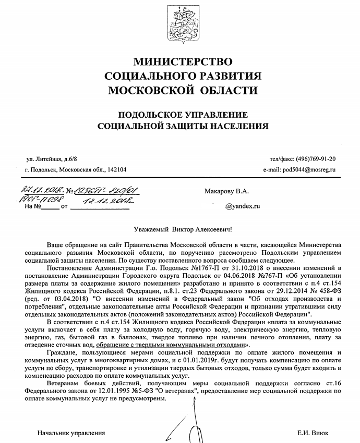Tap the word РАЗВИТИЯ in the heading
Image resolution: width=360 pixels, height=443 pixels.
click(227, 76)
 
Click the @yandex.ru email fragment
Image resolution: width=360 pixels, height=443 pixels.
click(242, 206)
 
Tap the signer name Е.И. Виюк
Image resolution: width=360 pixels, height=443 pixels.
click(313, 433)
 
